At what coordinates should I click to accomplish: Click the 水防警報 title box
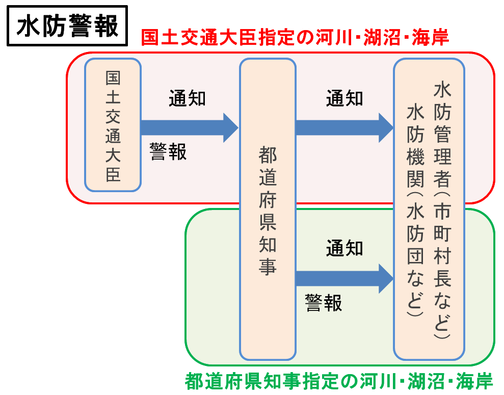(x=67, y=25)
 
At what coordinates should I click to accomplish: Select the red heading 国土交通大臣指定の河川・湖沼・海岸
(x=295, y=37)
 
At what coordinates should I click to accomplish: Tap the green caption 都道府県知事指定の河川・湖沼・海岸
(x=339, y=382)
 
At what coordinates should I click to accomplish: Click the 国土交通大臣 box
(x=113, y=125)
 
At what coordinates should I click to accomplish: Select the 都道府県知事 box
(x=268, y=209)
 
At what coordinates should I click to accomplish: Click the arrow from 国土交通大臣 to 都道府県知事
(x=190, y=127)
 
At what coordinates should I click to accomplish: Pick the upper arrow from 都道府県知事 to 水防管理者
(x=344, y=127)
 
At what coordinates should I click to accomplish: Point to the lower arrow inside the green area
(x=344, y=278)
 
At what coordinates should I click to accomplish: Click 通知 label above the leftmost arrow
(x=188, y=98)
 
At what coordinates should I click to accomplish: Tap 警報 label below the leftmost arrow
(x=168, y=151)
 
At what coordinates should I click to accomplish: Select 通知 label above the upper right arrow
(x=344, y=98)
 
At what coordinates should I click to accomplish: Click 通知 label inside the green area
(x=344, y=248)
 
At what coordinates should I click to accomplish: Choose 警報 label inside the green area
(x=324, y=303)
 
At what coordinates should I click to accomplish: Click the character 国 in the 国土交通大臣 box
(x=113, y=78)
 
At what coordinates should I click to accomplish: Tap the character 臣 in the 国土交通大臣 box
(x=113, y=174)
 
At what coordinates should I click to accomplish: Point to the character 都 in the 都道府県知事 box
(x=268, y=155)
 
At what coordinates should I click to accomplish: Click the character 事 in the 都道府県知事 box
(x=268, y=267)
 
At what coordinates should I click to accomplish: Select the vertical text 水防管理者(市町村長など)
(x=442, y=210)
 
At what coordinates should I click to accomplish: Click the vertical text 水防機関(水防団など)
(x=415, y=210)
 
